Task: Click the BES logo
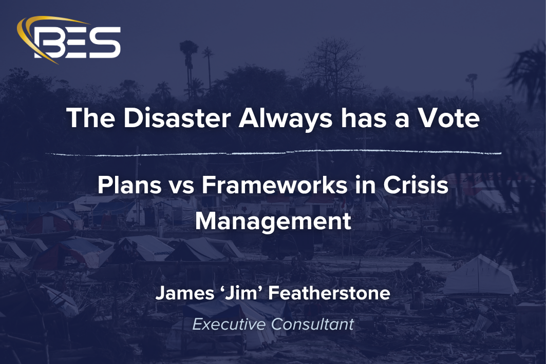click(69, 40)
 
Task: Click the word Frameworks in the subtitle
click(278, 186)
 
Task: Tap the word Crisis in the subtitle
click(418, 186)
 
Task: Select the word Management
click(273, 221)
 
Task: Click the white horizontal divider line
click(273, 152)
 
